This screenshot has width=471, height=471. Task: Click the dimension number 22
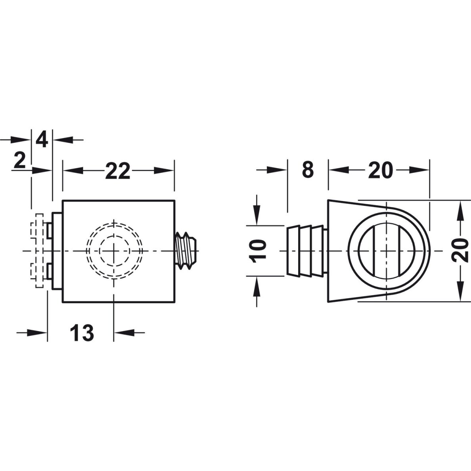(x=117, y=171)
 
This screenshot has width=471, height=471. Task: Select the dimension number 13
(x=82, y=333)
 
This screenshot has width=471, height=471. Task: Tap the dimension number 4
(x=42, y=140)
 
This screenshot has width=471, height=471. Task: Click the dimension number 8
(x=308, y=170)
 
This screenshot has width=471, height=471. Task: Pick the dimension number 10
(x=258, y=251)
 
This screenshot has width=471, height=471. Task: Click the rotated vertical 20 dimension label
(x=460, y=251)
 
